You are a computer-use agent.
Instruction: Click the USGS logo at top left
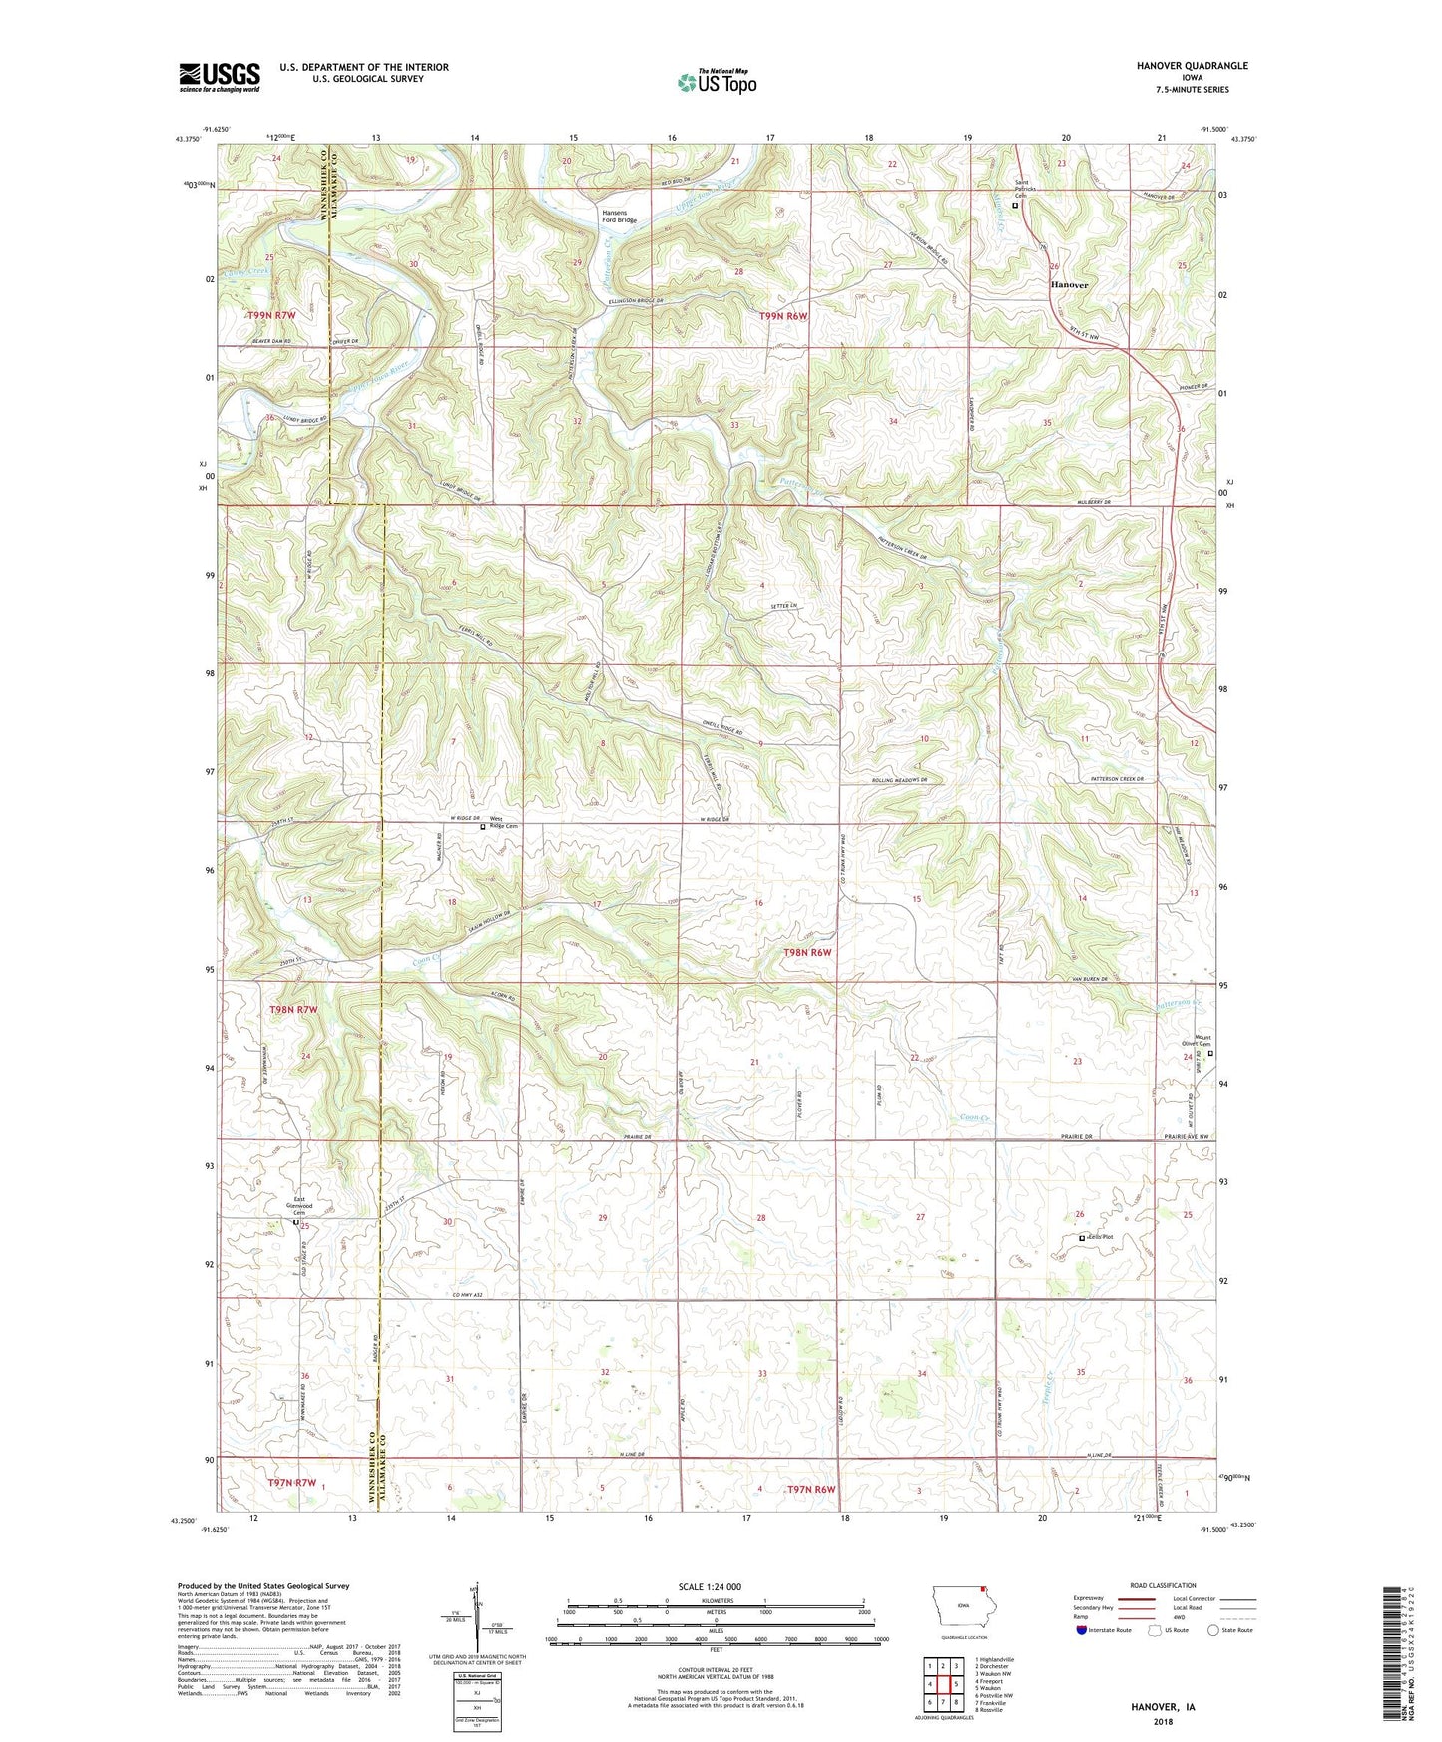click(x=219, y=77)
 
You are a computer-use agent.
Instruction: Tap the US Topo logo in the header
click(x=716, y=82)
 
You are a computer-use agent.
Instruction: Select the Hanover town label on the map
click(x=1069, y=285)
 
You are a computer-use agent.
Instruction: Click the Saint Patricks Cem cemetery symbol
click(x=1016, y=206)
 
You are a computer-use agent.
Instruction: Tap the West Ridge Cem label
click(x=503, y=826)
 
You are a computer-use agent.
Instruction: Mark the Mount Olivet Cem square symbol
click(x=1211, y=1054)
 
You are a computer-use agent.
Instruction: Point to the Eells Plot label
click(x=1101, y=1237)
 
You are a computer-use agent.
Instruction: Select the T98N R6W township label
click(x=807, y=952)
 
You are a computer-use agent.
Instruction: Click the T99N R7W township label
click(x=272, y=315)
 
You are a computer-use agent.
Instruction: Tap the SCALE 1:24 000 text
click(x=710, y=1586)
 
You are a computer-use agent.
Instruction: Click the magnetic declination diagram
click(x=476, y=1614)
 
